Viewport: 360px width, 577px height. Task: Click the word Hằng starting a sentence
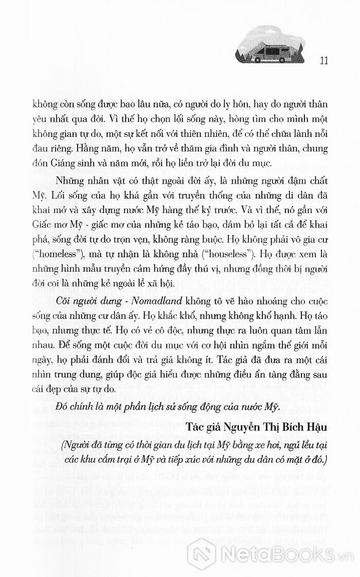point(89,148)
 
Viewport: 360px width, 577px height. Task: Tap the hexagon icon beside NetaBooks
point(202,553)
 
